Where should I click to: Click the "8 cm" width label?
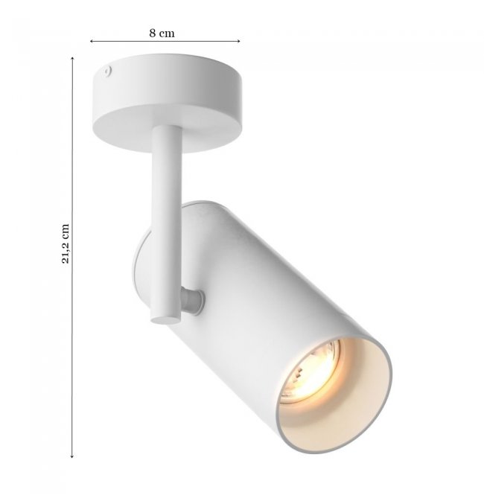click(x=162, y=33)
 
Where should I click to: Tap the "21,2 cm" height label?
click(x=66, y=243)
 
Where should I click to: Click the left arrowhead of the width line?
click(x=92, y=41)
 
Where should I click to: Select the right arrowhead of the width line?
click(x=238, y=41)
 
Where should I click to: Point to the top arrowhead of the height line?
click(x=73, y=59)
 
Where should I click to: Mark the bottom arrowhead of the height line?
click(x=72, y=456)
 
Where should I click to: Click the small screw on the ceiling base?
click(x=107, y=71)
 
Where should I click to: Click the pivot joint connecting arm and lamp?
click(x=192, y=301)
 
